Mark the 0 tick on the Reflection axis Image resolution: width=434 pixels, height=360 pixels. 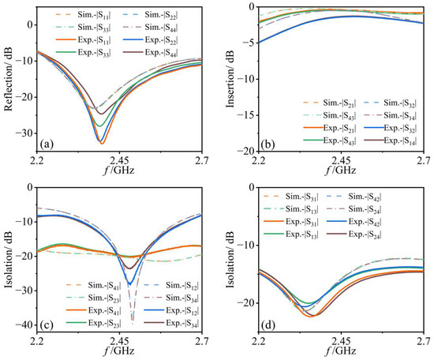point(30,24)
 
